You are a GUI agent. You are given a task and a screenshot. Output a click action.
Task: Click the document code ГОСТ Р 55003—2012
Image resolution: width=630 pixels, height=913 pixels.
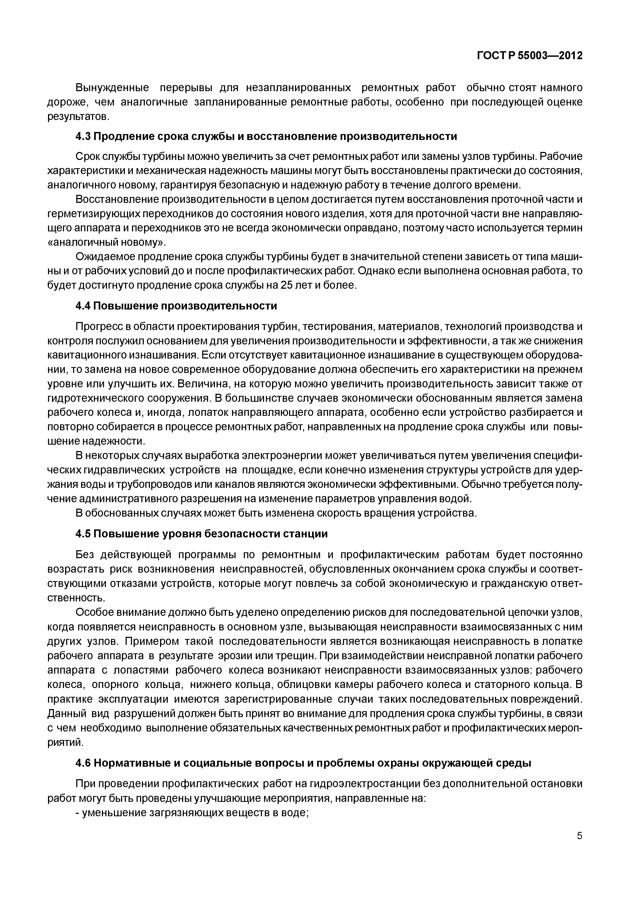(x=530, y=56)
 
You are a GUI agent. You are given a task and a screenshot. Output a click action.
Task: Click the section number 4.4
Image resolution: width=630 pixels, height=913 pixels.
(x=83, y=306)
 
